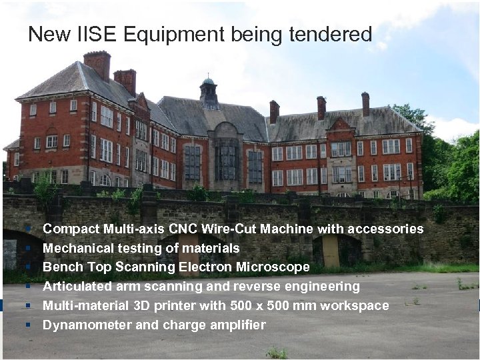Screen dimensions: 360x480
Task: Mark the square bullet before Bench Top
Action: click(29, 267)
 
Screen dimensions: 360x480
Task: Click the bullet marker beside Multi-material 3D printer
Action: click(29, 306)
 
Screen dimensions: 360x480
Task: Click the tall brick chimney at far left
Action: click(97, 64)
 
